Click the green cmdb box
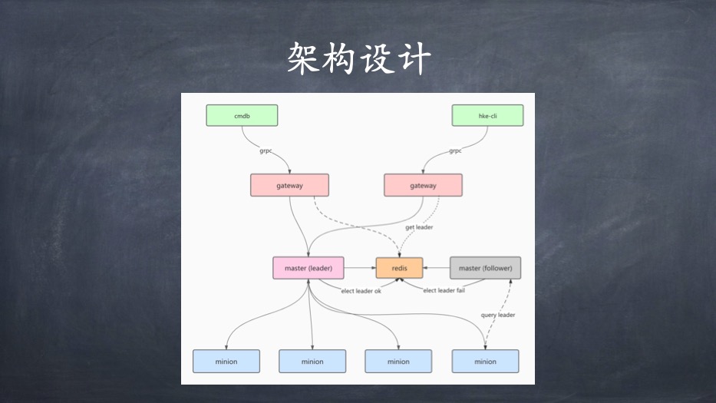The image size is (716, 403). (242, 115)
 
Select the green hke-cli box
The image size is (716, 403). (487, 115)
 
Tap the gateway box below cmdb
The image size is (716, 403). (289, 185)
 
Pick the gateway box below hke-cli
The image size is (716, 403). (423, 185)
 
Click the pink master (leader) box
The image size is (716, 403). (308, 268)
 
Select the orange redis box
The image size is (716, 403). (399, 268)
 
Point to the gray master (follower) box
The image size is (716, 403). (485, 268)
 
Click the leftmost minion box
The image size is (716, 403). (226, 361)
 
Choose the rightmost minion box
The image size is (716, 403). (485, 361)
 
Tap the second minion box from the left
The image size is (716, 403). (312, 361)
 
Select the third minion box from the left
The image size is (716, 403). (398, 361)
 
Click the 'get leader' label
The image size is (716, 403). (420, 228)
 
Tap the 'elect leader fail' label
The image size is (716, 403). (444, 290)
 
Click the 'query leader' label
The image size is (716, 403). (497, 315)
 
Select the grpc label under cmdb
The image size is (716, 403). (266, 151)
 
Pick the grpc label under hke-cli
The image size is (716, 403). (455, 151)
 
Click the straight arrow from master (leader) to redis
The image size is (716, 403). (359, 268)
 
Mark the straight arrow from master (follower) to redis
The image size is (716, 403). (437, 268)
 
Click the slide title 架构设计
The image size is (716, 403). (358, 58)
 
